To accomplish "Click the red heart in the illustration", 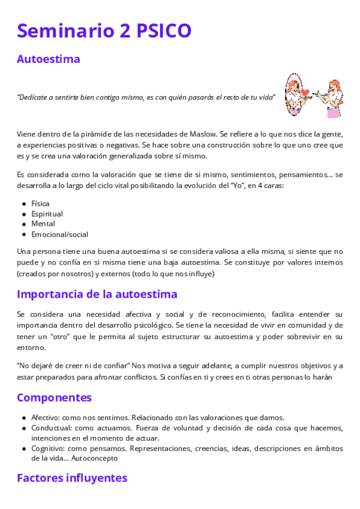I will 305,92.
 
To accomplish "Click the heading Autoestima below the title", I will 49,59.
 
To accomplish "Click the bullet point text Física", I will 40,203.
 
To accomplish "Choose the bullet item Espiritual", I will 47,214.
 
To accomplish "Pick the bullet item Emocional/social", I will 59,234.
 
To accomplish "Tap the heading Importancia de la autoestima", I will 97,294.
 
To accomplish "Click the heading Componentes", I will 55,397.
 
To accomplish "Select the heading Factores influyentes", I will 72,478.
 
